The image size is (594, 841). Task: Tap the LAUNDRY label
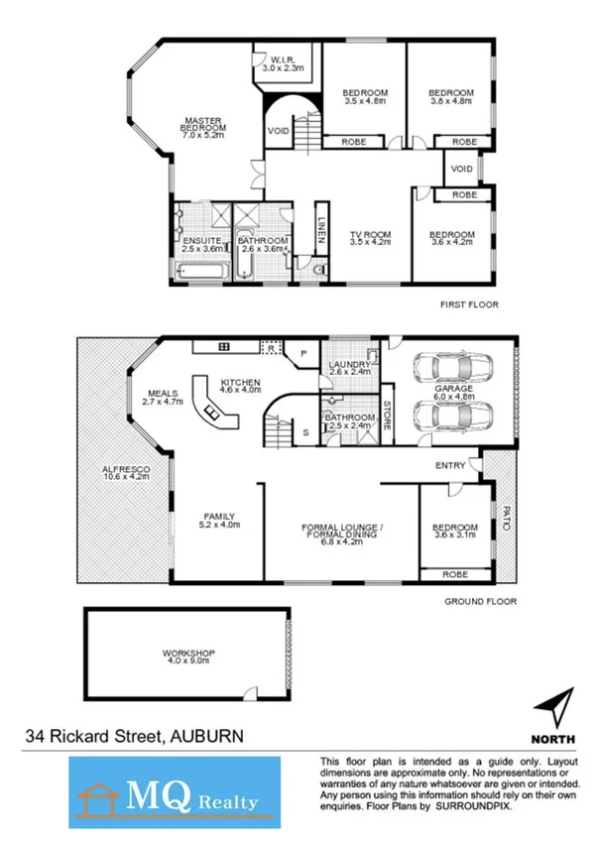(350, 367)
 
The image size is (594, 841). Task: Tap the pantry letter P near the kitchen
(303, 351)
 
